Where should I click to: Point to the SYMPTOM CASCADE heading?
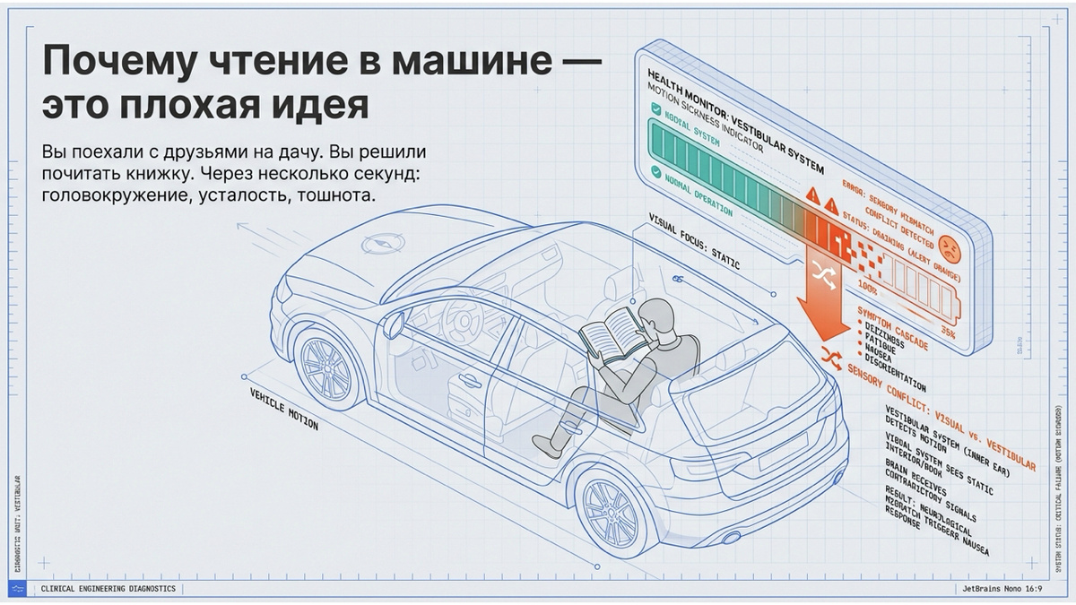click(892, 327)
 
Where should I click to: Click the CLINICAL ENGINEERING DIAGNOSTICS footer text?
click(108, 588)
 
